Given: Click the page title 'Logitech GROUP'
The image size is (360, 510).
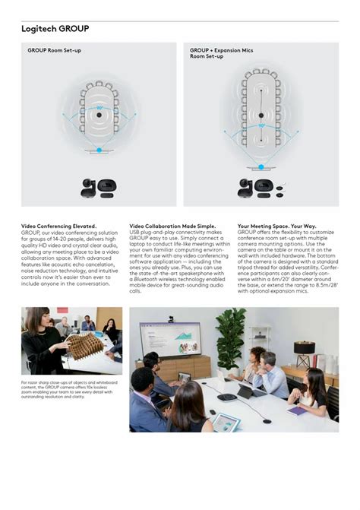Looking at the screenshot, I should (55, 29).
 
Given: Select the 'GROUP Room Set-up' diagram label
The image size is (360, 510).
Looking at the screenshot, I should (54, 50).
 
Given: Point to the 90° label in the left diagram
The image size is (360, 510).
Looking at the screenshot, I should (99, 109).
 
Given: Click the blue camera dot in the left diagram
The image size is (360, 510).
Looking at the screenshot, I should (98, 150).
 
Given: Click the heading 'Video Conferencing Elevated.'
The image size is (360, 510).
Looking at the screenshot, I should (58, 226).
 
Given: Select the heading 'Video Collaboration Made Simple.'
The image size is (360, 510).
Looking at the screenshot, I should (172, 226).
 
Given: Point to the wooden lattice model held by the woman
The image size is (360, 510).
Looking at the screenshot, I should (85, 342).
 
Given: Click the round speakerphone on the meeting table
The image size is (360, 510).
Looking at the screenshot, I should (226, 397).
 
